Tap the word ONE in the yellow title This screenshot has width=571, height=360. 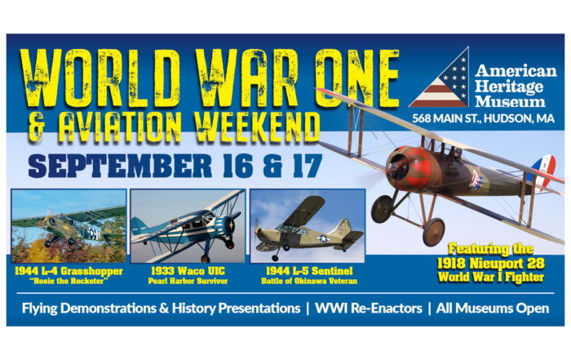pos(357,78)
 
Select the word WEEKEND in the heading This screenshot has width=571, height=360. pos(257,127)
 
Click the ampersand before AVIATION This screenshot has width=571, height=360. pos(37,127)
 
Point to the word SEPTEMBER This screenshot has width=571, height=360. pos(120,166)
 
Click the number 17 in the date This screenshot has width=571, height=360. pos(308,166)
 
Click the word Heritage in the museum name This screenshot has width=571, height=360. pos(509,87)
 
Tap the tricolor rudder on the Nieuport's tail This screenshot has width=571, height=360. pos(543,171)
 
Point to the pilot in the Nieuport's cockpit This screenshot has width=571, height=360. pos(457,153)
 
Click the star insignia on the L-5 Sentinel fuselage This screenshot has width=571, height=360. pos(323,238)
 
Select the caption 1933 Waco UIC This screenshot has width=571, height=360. pos(188,271)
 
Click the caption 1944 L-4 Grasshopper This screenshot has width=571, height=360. pos(69,271)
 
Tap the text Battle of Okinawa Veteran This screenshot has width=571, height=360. pos(309,281)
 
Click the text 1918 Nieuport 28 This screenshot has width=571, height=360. pos(491,263)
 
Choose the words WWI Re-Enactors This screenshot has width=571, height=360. pos(369,309)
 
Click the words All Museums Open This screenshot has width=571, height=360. pos(493,309)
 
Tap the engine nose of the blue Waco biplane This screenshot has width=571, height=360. pos(231,226)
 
